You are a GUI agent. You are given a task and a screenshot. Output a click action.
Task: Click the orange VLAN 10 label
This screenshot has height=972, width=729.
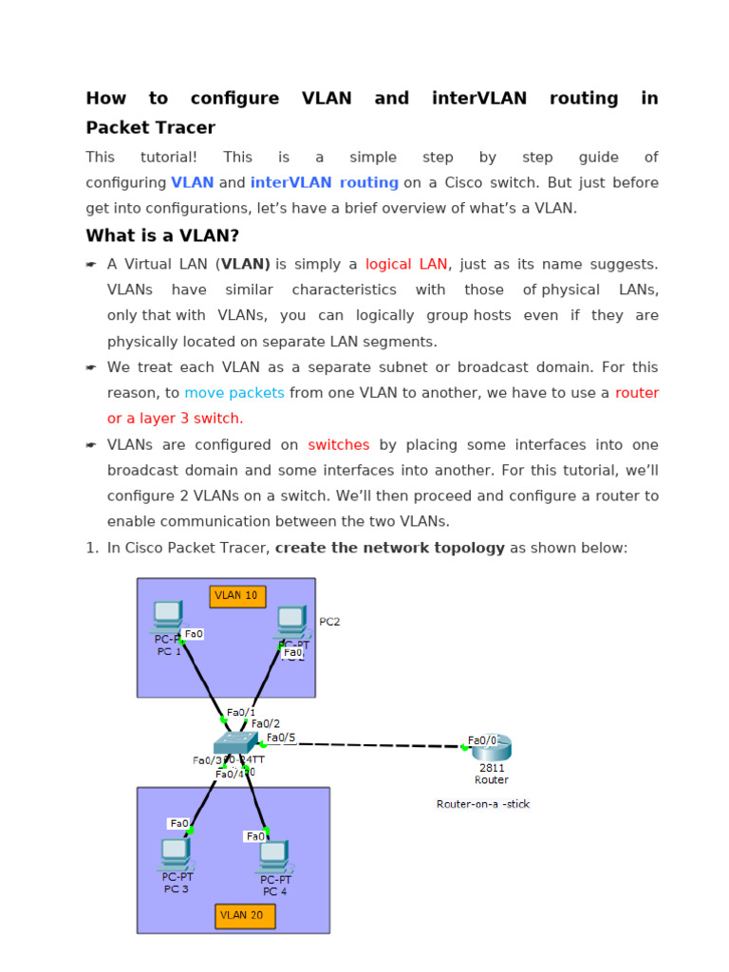[x=237, y=596]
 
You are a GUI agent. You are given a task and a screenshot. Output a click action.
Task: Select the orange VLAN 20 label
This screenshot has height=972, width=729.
[x=245, y=916]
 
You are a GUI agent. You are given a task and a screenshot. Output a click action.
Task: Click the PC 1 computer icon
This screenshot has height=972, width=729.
[x=168, y=617]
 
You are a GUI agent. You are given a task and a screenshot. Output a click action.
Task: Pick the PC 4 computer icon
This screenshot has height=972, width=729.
[x=273, y=856]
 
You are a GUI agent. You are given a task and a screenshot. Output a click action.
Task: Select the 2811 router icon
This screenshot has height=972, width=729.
[x=492, y=746]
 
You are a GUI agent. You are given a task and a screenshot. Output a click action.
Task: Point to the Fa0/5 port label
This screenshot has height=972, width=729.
[x=280, y=738]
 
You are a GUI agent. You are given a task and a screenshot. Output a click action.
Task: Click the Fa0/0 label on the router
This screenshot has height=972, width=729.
[x=483, y=740]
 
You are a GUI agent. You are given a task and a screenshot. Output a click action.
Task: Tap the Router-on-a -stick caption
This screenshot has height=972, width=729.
[x=483, y=804]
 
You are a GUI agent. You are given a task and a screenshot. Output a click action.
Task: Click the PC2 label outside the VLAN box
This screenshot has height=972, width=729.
[x=329, y=622]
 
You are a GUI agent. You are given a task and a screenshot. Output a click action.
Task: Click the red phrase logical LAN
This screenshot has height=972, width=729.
[x=405, y=264]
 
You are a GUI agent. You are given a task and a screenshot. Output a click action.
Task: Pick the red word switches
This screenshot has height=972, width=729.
[x=339, y=444]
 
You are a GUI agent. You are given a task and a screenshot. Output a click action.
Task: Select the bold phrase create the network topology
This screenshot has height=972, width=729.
[x=390, y=548]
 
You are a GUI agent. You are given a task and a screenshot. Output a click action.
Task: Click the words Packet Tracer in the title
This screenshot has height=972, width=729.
[x=150, y=127]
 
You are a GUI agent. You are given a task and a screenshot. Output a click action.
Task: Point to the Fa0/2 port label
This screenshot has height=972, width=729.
[x=265, y=723]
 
